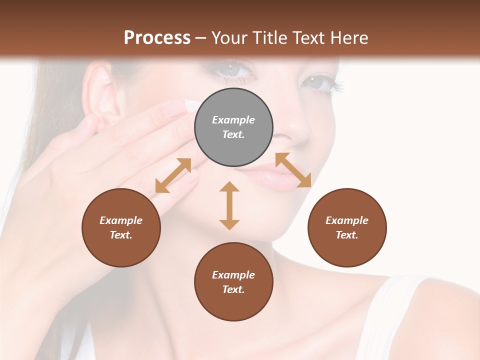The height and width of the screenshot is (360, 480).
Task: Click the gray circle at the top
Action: click(233, 127)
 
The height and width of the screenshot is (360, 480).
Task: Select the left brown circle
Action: click(121, 227)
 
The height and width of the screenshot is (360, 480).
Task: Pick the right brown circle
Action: click(347, 227)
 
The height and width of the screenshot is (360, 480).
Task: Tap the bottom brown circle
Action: click(233, 282)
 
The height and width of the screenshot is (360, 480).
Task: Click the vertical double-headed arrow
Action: click(229, 205)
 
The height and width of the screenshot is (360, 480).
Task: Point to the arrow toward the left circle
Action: click(173, 175)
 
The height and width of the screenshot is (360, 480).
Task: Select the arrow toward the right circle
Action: click(293, 170)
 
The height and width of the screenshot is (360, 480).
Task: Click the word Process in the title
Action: click(157, 37)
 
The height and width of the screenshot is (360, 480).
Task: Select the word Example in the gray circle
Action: click(233, 120)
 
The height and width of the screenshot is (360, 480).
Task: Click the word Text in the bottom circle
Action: click(232, 289)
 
